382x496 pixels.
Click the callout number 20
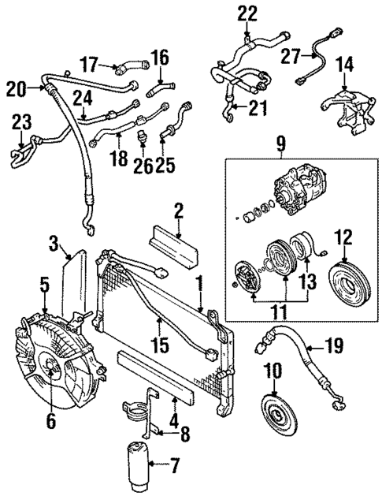click(17, 88)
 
